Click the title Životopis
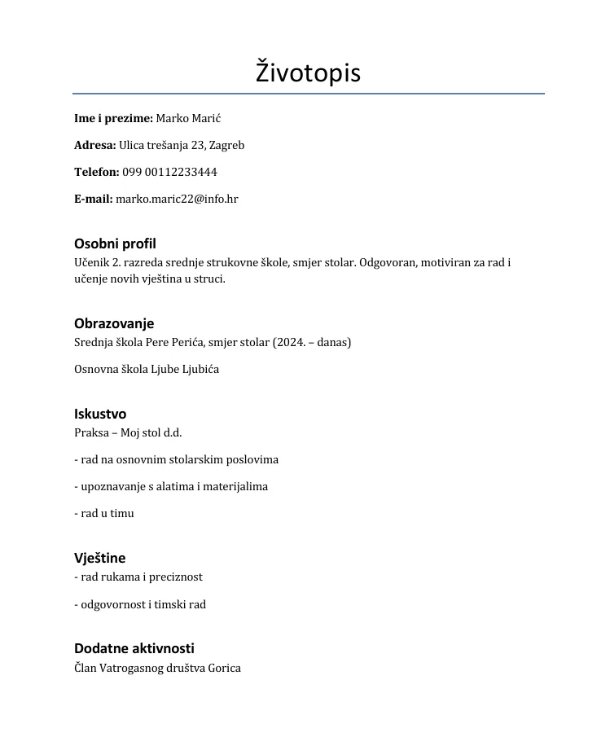[308, 72]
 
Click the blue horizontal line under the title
[308, 94]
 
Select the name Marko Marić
[188, 119]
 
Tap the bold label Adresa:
[94, 146]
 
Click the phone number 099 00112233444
[169, 173]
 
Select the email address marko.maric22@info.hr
[177, 199]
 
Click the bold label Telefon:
[97, 173]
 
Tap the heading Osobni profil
[115, 243]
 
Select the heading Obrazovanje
[114, 323]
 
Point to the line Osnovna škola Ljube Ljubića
[147, 369]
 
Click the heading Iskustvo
[100, 414]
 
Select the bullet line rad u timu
[104, 513]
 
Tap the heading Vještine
[99, 558]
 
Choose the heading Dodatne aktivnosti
[134, 648]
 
